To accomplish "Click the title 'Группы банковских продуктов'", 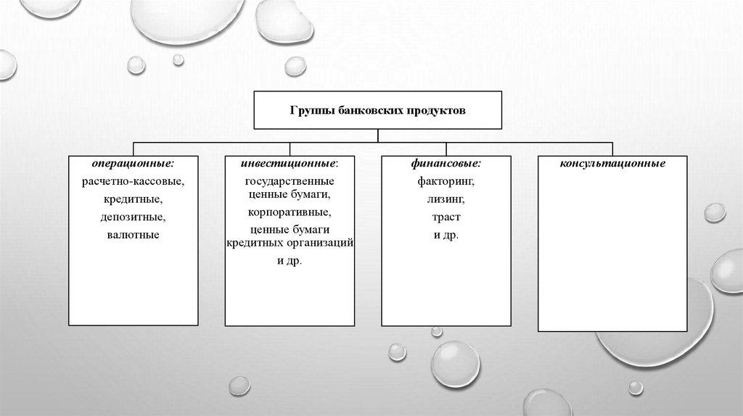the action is coord(377,111).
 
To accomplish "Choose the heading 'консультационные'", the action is coord(612,165).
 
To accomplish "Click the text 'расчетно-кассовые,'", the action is coord(134,181).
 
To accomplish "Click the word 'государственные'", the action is coord(289,180).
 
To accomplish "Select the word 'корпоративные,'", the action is coord(289,212).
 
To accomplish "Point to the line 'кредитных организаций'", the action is coord(290,242).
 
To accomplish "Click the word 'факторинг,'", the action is coord(446,181).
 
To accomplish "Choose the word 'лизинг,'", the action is coord(446,199).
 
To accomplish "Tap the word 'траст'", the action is coord(446,217).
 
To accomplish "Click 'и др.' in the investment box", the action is coord(289,260).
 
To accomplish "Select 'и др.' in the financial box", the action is coord(446,235).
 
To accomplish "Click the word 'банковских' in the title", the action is coord(366,111).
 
